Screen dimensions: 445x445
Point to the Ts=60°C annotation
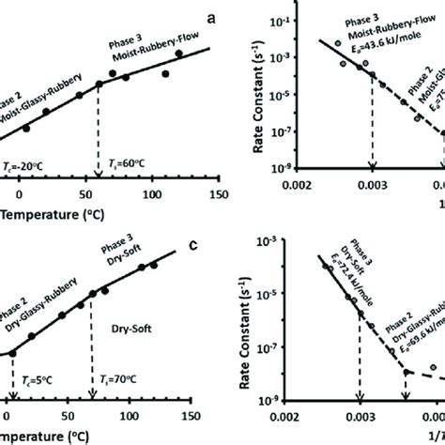click(x=116, y=161)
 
